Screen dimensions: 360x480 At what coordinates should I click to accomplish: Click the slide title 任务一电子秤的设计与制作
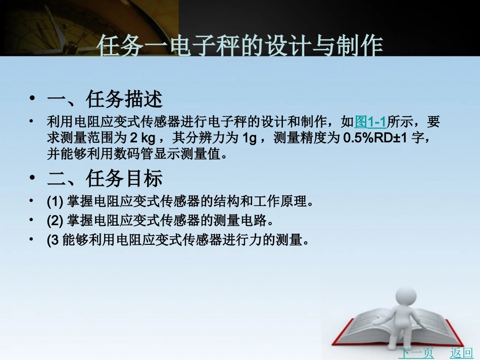[239, 46]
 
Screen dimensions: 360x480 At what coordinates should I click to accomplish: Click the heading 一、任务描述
[105, 99]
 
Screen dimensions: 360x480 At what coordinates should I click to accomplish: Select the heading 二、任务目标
[105, 179]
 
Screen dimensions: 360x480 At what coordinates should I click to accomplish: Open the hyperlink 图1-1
[371, 122]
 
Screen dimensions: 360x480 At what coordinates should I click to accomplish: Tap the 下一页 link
[416, 353]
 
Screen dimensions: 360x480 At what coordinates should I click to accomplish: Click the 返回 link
[461, 353]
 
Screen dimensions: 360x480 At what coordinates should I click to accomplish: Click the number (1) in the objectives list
[55, 202]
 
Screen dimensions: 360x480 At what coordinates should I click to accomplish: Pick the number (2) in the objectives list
[55, 222]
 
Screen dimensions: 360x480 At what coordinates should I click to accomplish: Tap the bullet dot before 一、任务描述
[33, 99]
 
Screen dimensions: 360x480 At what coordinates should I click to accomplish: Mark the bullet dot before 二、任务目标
[33, 179]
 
